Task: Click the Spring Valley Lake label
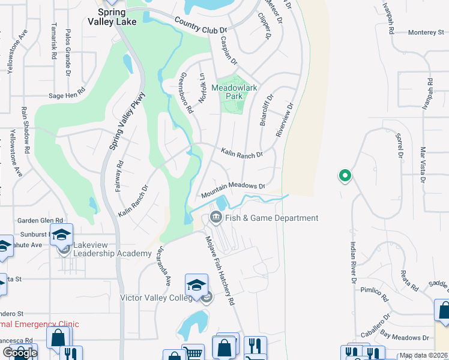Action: click(x=118, y=17)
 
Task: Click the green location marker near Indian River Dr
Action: click(x=345, y=176)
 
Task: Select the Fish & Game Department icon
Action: click(x=215, y=218)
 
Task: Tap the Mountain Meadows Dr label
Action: click(x=233, y=190)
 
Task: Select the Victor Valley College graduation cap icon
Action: click(x=196, y=286)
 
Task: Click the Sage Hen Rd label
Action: click(x=67, y=95)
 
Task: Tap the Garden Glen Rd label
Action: click(x=40, y=221)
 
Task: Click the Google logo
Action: click(x=19, y=353)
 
